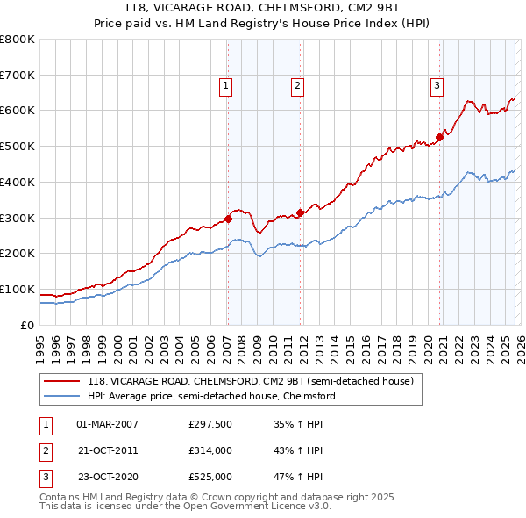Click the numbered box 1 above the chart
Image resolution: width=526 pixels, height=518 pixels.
226,85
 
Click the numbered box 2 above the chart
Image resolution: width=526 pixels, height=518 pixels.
298,85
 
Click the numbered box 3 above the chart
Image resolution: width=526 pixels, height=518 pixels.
437,85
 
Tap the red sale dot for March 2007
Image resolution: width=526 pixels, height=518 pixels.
228,219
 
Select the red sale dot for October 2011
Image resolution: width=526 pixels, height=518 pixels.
300,212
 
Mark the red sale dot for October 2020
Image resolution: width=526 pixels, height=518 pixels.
439,137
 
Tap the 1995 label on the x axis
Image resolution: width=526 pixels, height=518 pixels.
39,343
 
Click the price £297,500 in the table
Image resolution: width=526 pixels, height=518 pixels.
210,424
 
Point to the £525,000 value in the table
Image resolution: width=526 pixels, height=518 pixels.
210,478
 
